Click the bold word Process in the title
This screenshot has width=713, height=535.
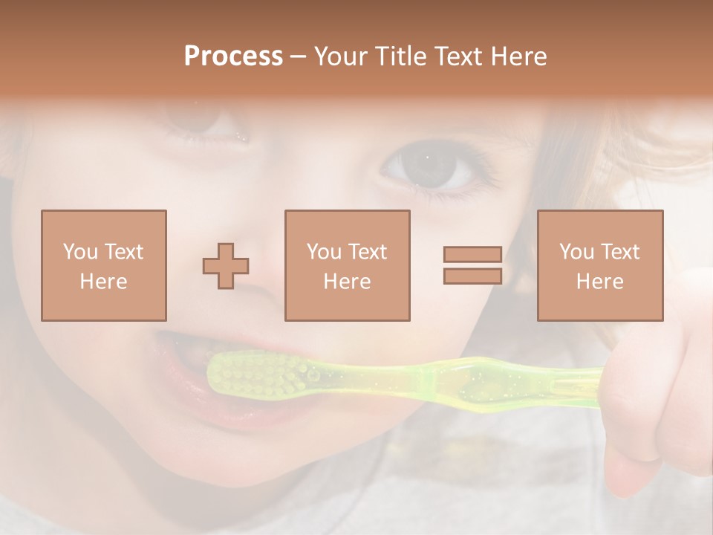pos(233,56)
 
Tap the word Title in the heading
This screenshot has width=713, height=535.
pos(402,56)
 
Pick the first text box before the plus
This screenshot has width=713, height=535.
pos(104,265)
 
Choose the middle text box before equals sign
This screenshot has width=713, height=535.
pos(348,265)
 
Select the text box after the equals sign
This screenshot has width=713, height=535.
pos(600,265)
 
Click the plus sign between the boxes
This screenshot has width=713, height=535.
pos(226,266)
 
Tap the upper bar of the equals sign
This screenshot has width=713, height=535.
pos(472,255)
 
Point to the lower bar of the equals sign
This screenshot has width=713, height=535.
pos(472,276)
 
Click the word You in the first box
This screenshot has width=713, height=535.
pos(79,252)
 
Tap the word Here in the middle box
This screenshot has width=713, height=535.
pos(348,282)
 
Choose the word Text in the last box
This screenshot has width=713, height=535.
pos(619,252)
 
